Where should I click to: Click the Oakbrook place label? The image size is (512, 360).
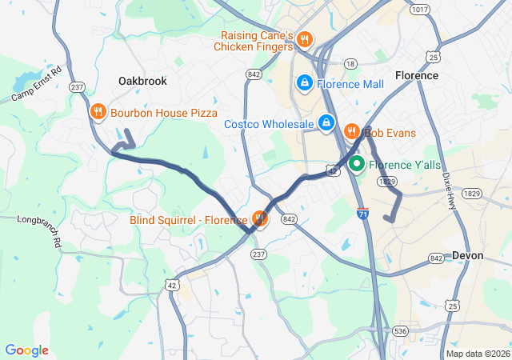click(x=142, y=81)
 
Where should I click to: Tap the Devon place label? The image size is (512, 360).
click(x=467, y=255)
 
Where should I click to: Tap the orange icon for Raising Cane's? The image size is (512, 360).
click(x=304, y=39)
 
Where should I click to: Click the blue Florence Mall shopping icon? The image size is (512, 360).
click(x=304, y=82)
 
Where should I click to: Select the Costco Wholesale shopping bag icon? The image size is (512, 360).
click(x=326, y=123)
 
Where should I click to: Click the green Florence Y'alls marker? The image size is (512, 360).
click(x=355, y=165)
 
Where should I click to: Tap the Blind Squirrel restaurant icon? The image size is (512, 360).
click(x=259, y=218)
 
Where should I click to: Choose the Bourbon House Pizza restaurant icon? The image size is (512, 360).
click(x=98, y=113)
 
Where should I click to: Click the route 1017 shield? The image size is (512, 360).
click(x=418, y=10)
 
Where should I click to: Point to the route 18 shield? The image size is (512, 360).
click(x=350, y=63)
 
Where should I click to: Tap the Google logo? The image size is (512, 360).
click(x=26, y=350)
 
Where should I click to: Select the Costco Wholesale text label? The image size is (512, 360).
click(x=269, y=124)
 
